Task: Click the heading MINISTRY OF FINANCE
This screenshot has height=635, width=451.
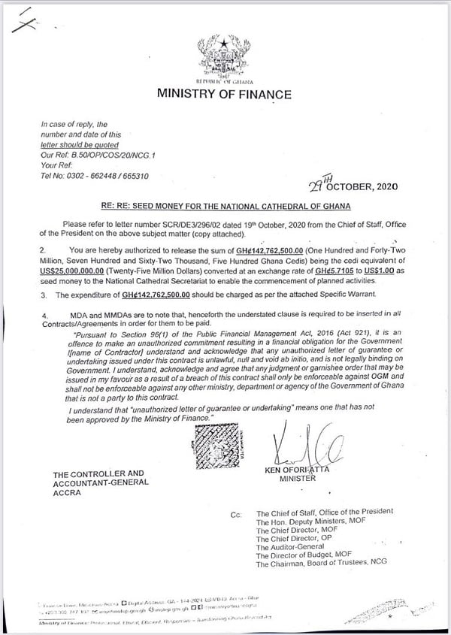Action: pyautogui.click(x=223, y=95)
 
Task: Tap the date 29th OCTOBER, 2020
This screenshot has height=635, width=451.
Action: pyautogui.click(x=353, y=186)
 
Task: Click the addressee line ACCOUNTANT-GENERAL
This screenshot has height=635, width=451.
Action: pyautogui.click(x=98, y=484)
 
